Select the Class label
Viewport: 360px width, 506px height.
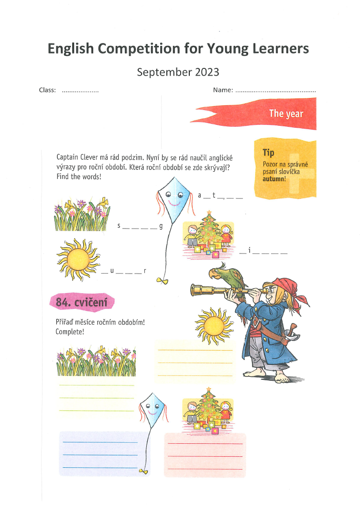47,90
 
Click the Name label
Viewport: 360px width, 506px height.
223,90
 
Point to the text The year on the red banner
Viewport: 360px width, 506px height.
286,114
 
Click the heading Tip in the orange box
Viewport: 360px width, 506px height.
268,153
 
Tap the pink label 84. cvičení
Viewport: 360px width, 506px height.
81,302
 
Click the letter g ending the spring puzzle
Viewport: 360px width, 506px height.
161,225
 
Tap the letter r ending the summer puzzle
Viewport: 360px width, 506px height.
145,271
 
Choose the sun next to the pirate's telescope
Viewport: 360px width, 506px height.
213,325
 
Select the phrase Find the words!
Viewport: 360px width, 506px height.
79,177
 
